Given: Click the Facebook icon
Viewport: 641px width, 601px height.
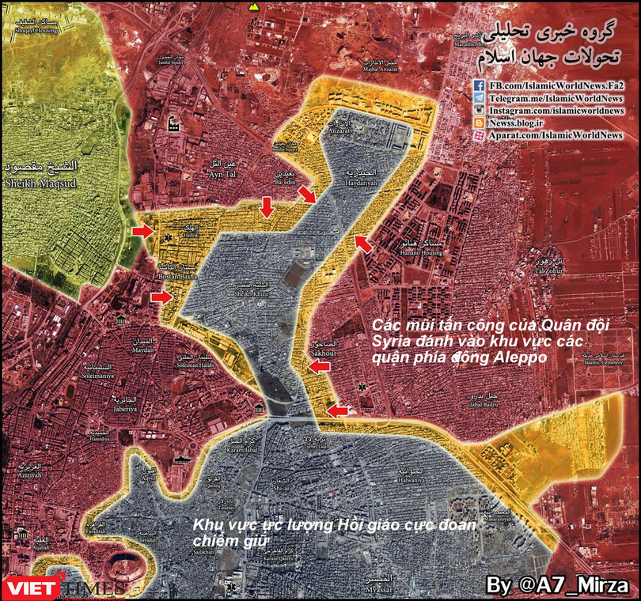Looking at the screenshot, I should coord(480,85).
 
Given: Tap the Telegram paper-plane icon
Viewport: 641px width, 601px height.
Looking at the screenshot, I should coord(480,98).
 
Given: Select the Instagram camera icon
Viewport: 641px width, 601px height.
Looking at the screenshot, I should coord(480,111).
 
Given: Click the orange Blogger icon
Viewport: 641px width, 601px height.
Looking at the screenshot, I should coord(480,123).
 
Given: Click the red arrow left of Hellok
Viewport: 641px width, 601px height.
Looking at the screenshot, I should coord(142,230).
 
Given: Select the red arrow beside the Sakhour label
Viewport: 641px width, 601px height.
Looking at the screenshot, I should coord(318,366).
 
